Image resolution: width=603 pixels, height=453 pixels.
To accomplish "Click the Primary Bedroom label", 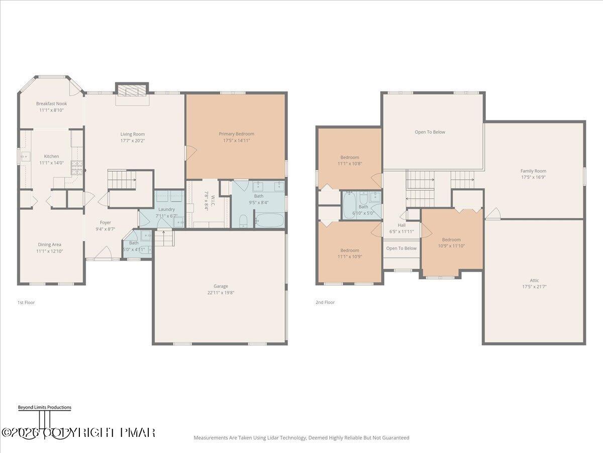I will [x=236, y=134].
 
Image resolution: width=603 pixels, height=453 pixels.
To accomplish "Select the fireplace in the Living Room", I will [x=132, y=90].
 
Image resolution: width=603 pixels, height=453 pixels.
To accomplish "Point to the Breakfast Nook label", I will [x=51, y=104].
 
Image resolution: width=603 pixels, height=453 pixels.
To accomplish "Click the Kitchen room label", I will [x=51, y=157].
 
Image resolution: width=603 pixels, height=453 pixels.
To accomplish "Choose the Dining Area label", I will [x=50, y=245].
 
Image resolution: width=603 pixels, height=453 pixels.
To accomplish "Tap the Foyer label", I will [x=105, y=222].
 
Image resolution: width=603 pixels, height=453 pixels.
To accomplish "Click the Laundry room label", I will [x=166, y=209].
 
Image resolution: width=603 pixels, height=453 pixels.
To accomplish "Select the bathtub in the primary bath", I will [x=269, y=220].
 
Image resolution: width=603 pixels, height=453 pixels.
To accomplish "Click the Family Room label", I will [x=533, y=171].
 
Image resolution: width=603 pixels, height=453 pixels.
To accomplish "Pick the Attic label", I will [x=534, y=281].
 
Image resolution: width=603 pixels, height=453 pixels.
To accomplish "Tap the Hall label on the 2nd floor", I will [x=401, y=225].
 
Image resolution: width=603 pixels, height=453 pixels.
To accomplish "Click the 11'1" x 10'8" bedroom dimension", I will [x=350, y=164].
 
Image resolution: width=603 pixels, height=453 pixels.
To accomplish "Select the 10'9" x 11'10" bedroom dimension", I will [x=451, y=246].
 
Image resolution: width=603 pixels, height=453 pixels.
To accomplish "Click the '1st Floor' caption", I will [x=26, y=303].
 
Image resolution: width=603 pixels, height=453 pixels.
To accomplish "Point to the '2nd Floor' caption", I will [x=325, y=303].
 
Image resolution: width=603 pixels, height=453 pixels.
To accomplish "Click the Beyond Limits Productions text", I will [x=44, y=408].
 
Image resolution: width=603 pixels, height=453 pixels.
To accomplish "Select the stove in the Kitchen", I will [x=76, y=164].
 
